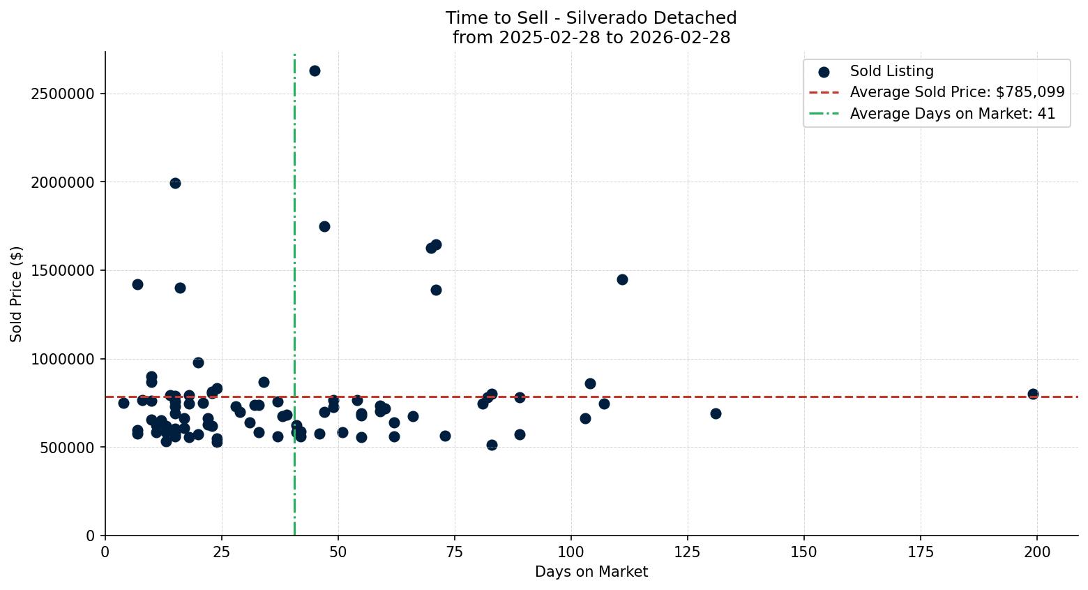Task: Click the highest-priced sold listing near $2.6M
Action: tap(315, 71)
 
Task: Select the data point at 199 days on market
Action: tap(1033, 394)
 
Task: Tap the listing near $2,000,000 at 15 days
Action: tap(175, 183)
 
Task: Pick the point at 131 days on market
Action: tap(716, 413)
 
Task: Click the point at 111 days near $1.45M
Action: tap(622, 279)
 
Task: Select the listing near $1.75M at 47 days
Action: tap(324, 226)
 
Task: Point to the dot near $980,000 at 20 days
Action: tap(198, 362)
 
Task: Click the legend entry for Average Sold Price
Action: tap(957, 92)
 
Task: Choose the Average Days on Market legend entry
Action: tap(952, 114)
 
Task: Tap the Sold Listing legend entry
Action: tap(891, 71)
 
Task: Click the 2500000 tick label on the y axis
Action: tap(63, 94)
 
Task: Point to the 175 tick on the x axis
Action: tap(921, 552)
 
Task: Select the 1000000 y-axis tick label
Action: tap(63, 359)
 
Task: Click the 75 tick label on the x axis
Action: tap(455, 552)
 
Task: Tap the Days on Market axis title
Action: tap(591, 572)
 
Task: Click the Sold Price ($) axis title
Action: tap(17, 293)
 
